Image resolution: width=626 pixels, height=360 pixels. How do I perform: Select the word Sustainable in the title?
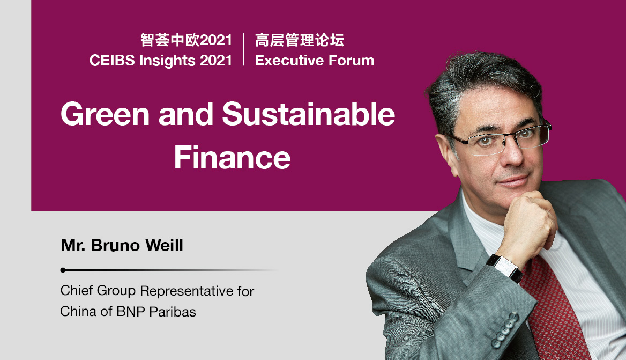[x=308, y=114]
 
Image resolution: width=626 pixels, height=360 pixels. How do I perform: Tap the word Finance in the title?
[x=232, y=158]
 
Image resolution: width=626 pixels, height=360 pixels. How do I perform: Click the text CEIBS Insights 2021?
[x=161, y=61]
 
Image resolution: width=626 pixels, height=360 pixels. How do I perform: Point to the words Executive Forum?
[x=315, y=61]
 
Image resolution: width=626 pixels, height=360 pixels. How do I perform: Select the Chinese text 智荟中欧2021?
[x=186, y=40]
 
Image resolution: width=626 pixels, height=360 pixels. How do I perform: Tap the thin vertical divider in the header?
[x=244, y=49]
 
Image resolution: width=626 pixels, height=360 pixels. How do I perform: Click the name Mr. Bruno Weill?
[x=122, y=246]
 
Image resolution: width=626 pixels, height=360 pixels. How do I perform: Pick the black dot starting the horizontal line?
[x=63, y=270]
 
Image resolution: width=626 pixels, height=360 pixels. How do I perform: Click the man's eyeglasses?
[x=501, y=138]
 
